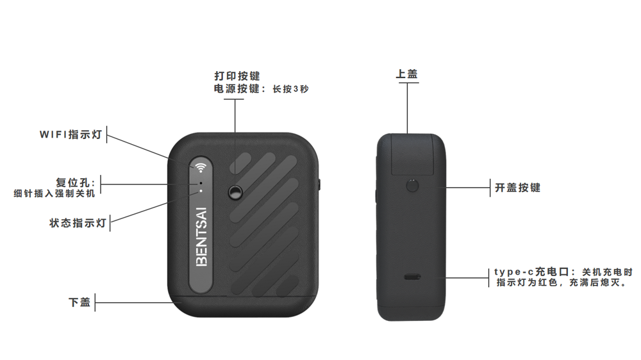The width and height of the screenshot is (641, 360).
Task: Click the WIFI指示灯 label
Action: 71,135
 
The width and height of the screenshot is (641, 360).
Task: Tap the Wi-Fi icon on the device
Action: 200,167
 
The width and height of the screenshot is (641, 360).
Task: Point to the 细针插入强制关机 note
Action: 54,193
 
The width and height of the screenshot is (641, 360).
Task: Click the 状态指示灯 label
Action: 78,223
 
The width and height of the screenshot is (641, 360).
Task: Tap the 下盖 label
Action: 79,302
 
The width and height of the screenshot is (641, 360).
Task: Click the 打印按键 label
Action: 237,76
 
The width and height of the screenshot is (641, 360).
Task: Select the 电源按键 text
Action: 237,88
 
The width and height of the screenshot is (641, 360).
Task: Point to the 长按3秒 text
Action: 290,89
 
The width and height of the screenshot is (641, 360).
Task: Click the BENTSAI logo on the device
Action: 201,237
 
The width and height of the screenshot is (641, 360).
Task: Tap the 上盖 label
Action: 407,74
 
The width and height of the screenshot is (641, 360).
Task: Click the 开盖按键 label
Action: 517,188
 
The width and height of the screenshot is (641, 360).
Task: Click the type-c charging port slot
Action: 412,277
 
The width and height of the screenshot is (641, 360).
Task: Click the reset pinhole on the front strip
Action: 201,183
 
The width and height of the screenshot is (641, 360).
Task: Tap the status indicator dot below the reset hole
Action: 201,191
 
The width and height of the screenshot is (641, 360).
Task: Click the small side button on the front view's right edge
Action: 319,184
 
